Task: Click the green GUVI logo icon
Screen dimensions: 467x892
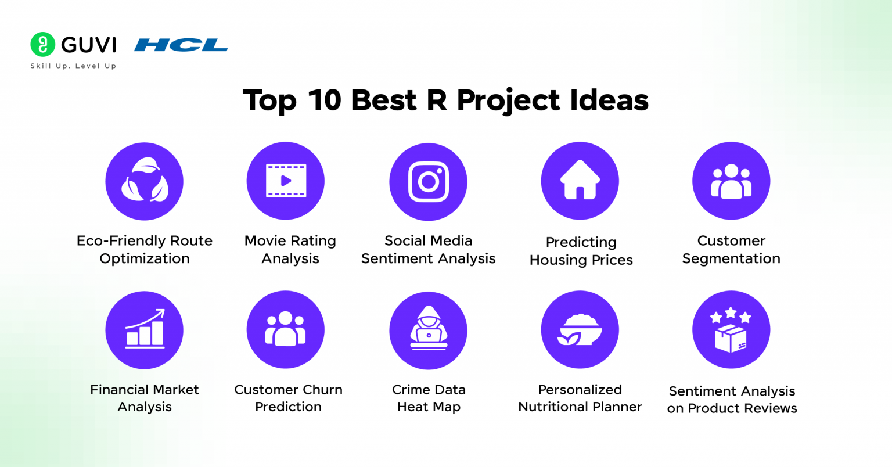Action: [x=42, y=45]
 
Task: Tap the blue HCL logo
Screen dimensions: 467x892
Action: [x=181, y=45]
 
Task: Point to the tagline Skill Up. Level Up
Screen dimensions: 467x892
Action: [x=73, y=66]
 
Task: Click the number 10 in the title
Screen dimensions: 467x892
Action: [x=325, y=100]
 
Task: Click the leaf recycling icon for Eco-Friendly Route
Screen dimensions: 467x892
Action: [x=145, y=181]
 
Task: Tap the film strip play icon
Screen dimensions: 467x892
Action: [x=286, y=181]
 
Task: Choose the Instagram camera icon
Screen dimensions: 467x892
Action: [x=428, y=181]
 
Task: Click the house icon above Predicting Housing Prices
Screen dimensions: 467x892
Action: [x=580, y=181]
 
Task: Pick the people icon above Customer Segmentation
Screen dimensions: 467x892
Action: [x=731, y=181]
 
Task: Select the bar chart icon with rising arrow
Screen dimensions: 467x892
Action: [x=145, y=330]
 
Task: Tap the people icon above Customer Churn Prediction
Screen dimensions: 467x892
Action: [x=286, y=330]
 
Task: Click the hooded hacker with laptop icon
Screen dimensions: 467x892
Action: [x=428, y=330]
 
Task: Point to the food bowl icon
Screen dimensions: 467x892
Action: [x=580, y=330]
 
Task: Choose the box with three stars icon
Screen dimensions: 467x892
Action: [x=731, y=330]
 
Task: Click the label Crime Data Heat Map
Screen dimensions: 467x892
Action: [x=429, y=398]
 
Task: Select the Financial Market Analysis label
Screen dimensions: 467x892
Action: [x=145, y=398]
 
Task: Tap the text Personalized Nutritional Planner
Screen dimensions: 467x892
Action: [x=580, y=398]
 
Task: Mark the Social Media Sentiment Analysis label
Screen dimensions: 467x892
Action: [x=429, y=250]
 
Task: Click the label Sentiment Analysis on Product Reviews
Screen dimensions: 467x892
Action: [x=732, y=400]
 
